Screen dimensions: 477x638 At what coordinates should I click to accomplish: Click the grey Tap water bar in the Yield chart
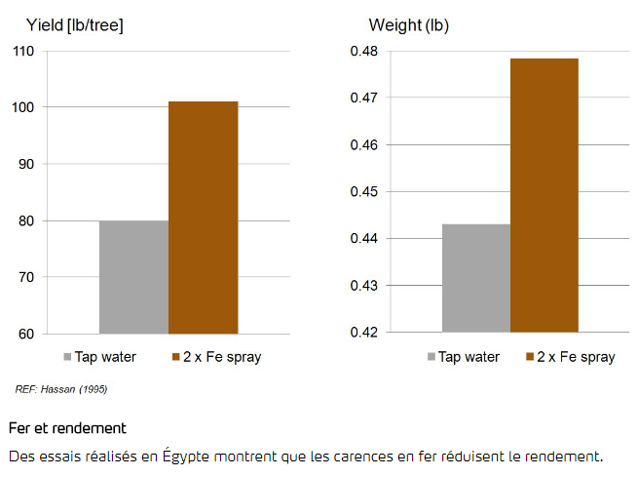coord(133,277)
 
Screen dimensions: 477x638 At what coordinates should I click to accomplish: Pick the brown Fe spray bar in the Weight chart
coord(544,195)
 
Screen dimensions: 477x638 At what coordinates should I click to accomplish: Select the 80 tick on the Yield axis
coord(26,220)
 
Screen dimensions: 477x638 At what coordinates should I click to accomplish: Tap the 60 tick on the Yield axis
coord(26,334)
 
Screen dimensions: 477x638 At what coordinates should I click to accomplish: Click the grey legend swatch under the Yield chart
coord(67,357)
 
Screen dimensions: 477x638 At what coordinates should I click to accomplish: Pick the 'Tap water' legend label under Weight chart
coord(469,357)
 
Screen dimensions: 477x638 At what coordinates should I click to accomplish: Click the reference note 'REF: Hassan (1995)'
coord(60,389)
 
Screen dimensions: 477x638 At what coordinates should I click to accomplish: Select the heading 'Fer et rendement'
coord(67,428)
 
